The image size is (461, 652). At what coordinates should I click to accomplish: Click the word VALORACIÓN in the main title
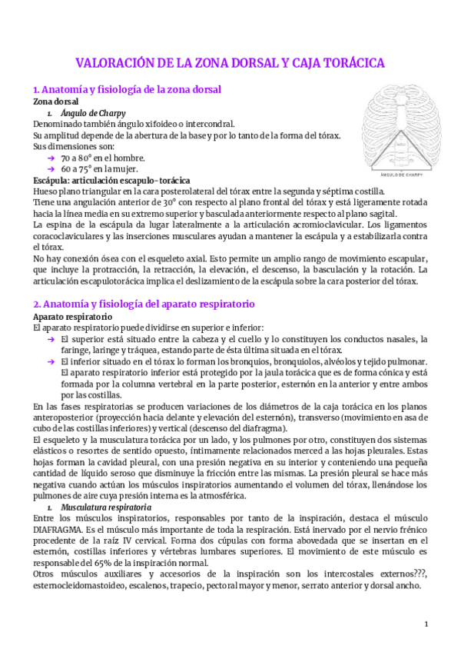tap(112, 62)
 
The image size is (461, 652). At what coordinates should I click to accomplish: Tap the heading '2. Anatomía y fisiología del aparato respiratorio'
tap(144, 304)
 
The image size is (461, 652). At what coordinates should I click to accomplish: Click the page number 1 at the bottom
tap(425, 624)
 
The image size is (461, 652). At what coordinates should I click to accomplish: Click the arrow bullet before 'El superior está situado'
tap(50, 339)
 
